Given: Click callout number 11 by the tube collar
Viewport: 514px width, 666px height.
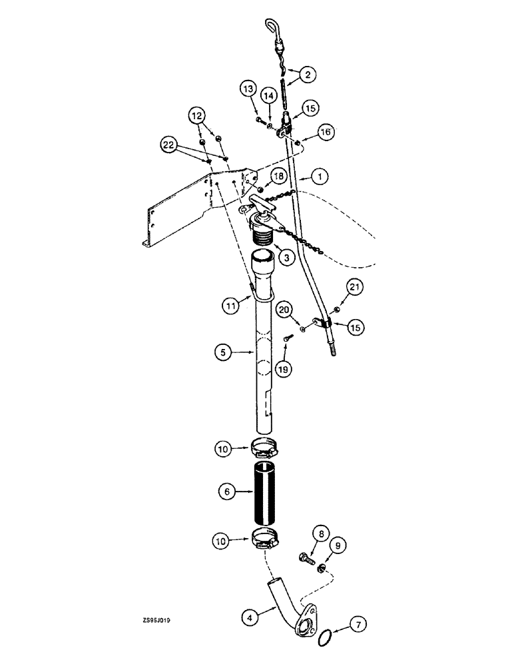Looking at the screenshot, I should point(232,306).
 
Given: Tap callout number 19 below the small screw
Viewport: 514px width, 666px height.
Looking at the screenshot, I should point(287,368).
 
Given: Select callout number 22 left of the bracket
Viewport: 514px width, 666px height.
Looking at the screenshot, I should point(170,143).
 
